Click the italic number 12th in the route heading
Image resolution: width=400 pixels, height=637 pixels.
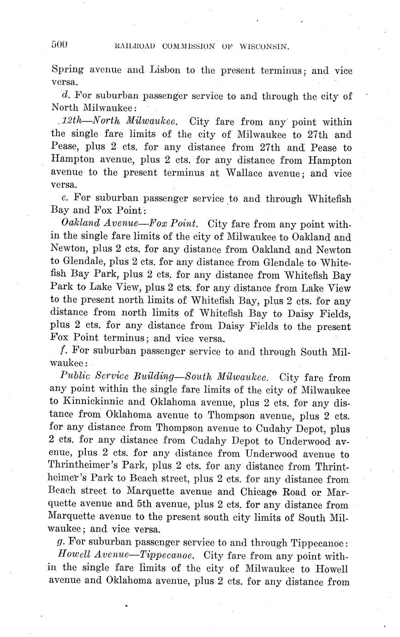(x=70, y=122)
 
